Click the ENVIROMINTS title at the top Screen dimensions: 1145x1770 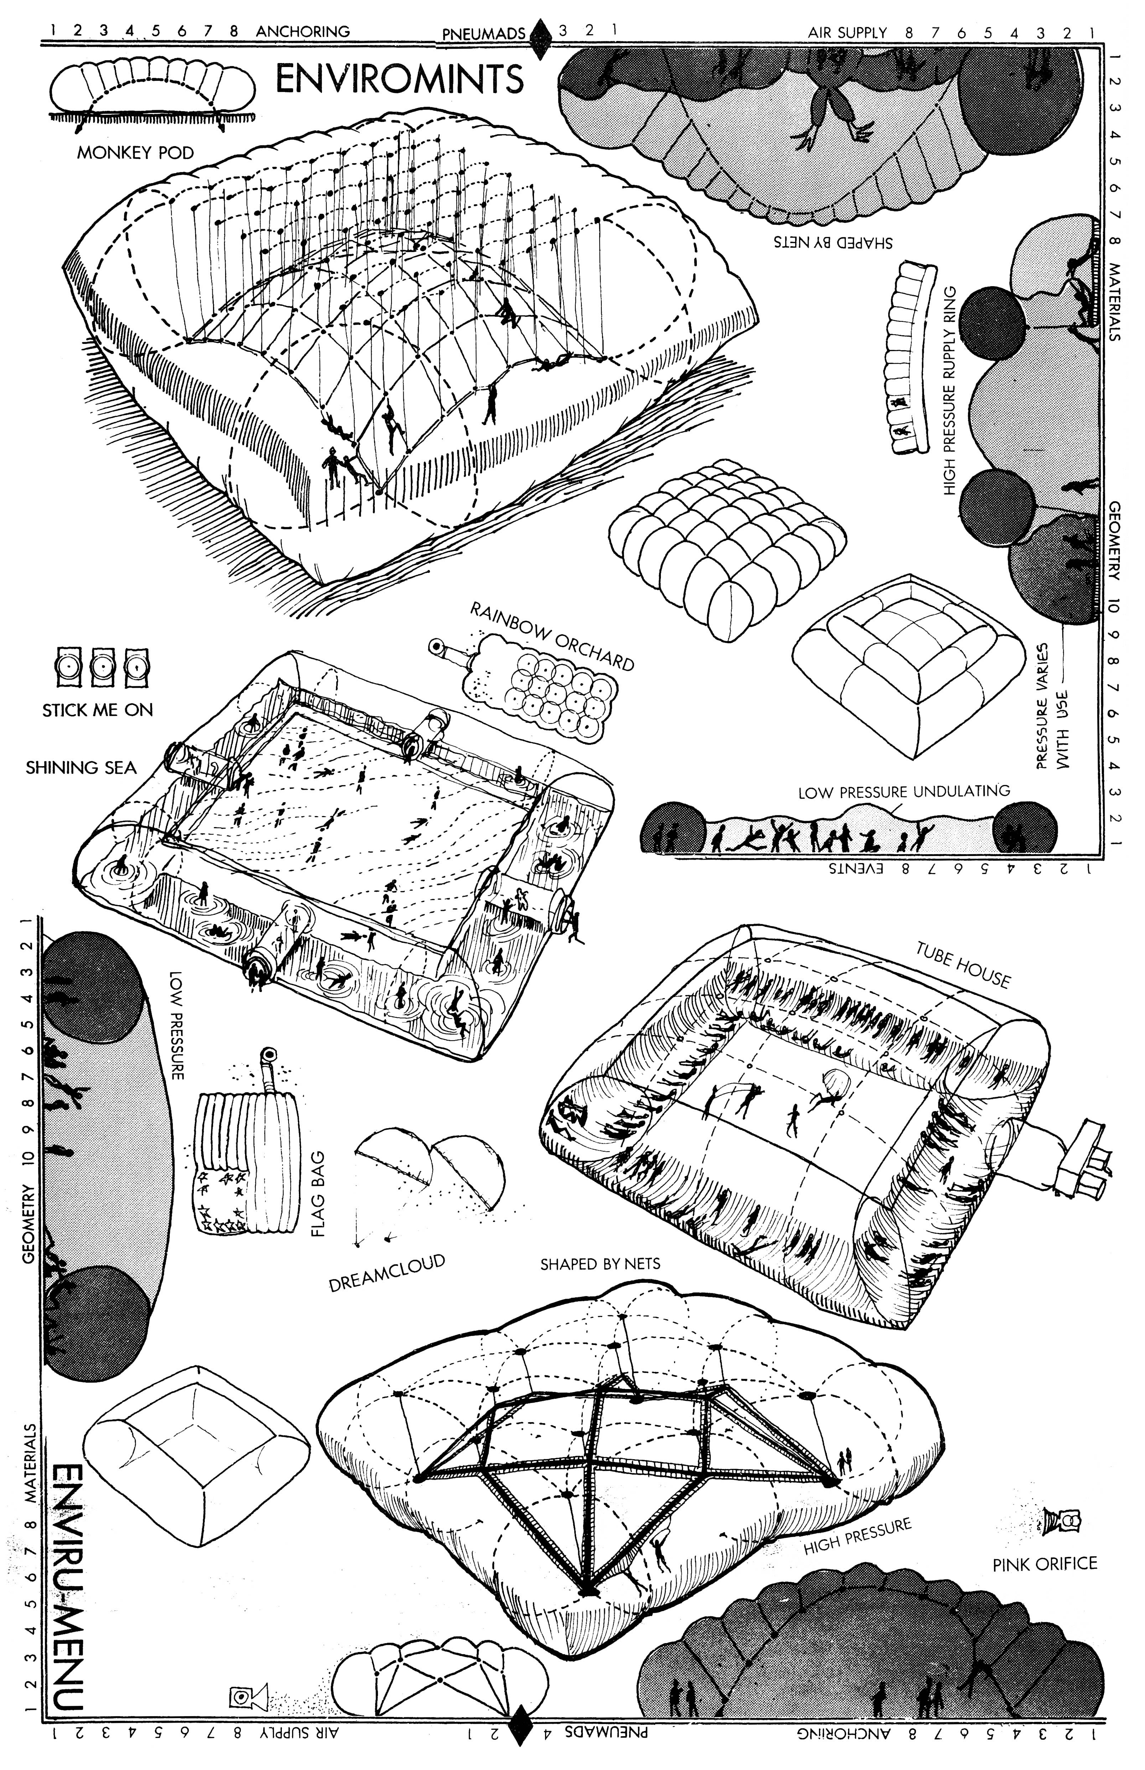(x=400, y=79)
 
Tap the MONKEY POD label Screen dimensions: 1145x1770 (x=135, y=153)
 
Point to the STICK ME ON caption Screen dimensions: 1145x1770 (x=97, y=710)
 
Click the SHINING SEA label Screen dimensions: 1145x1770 (x=81, y=768)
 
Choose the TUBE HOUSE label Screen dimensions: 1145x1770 (x=963, y=966)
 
